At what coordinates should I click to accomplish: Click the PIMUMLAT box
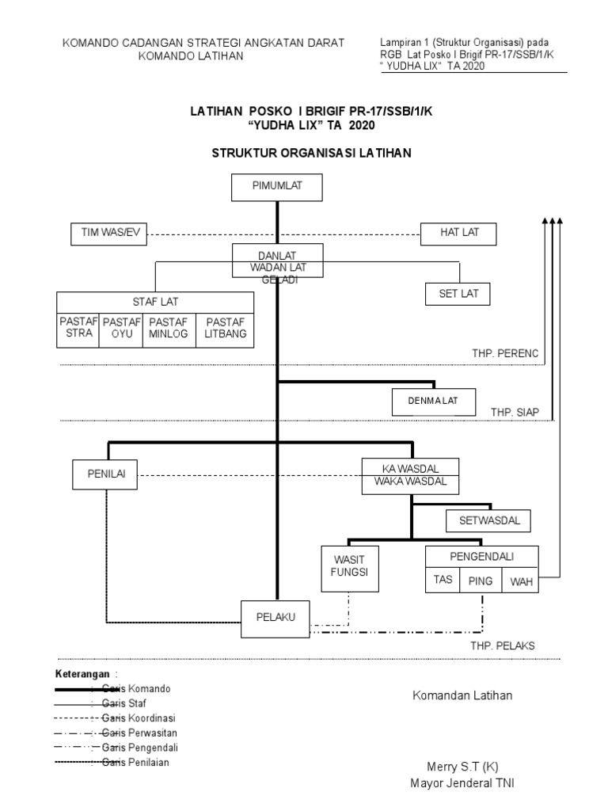pyautogui.click(x=276, y=187)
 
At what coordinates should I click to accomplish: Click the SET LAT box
pyautogui.click(x=458, y=295)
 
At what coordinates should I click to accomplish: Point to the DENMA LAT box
pyautogui.click(x=435, y=402)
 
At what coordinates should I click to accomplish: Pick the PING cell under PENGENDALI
pyautogui.click(x=481, y=581)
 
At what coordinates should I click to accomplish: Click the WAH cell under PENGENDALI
pyautogui.click(x=521, y=581)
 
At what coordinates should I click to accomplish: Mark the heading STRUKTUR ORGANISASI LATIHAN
pyautogui.click(x=311, y=153)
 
